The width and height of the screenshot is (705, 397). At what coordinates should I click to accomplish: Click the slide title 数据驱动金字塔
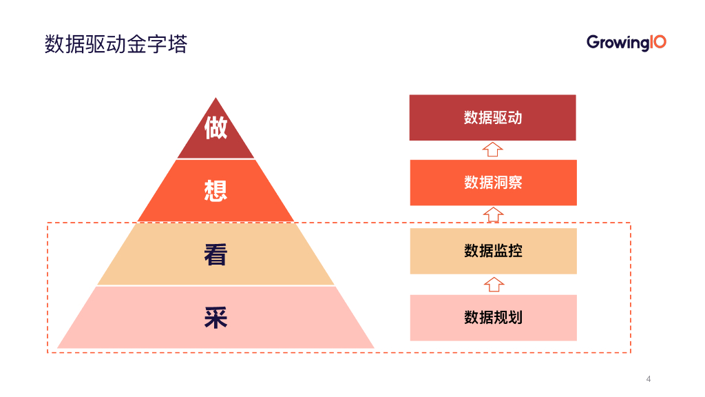[116, 45]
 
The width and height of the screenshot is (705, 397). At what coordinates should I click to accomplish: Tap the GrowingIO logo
[626, 43]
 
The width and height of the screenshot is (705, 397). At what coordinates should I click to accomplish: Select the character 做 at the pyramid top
[215, 128]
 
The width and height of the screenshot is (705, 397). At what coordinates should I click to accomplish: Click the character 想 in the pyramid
[215, 190]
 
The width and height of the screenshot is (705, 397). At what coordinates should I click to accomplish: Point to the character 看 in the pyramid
[215, 254]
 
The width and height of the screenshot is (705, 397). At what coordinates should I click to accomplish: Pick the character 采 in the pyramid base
[215, 318]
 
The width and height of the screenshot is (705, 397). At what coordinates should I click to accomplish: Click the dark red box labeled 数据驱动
[492, 118]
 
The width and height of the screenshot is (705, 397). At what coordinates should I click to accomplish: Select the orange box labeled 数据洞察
[493, 183]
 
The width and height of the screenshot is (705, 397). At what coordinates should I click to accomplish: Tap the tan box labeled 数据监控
[493, 251]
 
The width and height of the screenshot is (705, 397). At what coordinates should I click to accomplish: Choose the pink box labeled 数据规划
[493, 318]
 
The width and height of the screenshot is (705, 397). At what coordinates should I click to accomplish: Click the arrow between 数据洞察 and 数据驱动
[493, 150]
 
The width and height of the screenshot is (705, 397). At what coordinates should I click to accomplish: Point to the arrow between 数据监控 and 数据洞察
[493, 216]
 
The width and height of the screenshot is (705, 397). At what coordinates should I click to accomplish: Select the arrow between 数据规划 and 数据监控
[494, 284]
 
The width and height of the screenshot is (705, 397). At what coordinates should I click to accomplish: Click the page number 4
[649, 379]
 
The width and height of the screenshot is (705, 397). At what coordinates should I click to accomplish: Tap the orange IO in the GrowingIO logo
[657, 42]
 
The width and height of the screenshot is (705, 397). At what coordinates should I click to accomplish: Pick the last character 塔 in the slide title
[178, 45]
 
